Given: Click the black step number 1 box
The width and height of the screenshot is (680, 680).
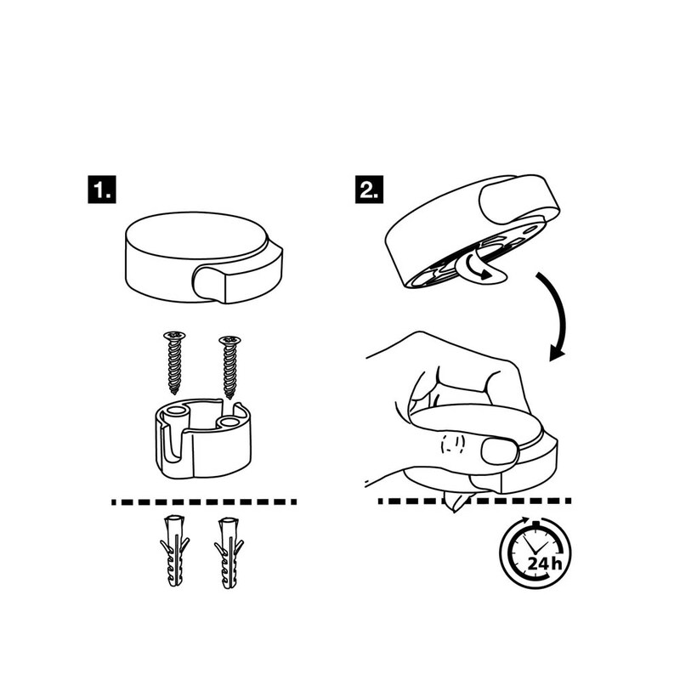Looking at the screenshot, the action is [x=102, y=189].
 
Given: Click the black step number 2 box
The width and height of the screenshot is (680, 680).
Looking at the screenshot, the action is [x=369, y=189].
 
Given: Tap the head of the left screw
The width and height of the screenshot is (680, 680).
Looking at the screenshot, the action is [x=174, y=335].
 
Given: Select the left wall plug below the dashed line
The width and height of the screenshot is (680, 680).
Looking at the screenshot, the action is [x=174, y=551].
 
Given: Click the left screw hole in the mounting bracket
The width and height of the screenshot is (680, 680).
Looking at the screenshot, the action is [x=177, y=411].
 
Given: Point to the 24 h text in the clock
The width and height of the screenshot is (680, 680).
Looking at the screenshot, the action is [x=545, y=564].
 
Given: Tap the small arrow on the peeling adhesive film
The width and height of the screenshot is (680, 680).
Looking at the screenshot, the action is [x=479, y=267].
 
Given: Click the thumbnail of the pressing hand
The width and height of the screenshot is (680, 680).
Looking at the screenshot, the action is [x=500, y=452].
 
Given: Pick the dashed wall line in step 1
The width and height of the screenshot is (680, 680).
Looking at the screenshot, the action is [x=204, y=502].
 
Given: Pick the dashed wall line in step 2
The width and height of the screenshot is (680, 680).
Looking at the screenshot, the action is [x=474, y=501].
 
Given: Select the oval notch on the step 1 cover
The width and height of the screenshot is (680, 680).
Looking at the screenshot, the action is [x=209, y=284].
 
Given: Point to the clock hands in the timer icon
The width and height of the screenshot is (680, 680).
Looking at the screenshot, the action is [x=533, y=546].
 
